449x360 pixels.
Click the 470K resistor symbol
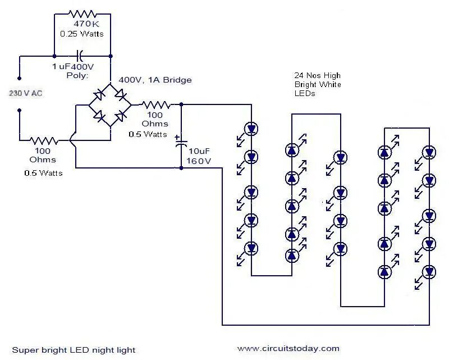tap(82, 13)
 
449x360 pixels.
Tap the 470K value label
tap(86, 24)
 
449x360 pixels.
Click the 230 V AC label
tap(25, 93)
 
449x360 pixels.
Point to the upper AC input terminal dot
tap(20, 78)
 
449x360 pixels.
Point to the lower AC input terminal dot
tap(20, 110)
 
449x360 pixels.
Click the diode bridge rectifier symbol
tap(110, 105)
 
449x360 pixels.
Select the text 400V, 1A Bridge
tap(155, 80)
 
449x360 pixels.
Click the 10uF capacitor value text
tap(199, 151)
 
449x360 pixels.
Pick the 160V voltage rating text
tap(199, 161)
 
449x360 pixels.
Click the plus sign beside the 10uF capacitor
tap(177, 137)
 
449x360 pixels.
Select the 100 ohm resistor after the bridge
tap(157, 105)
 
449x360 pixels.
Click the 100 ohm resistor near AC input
tap(44, 140)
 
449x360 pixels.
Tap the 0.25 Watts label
tap(82, 34)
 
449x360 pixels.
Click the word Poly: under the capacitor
tap(77, 76)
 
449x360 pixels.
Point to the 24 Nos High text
tap(318, 75)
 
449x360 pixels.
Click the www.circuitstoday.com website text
tap(288, 349)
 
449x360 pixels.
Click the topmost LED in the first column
tap(251, 129)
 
